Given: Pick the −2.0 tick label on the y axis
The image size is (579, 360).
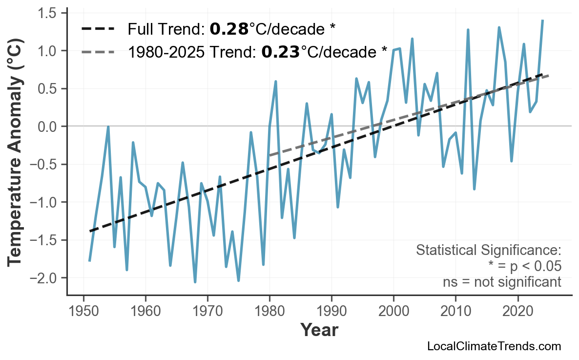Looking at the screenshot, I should click(x=45, y=278).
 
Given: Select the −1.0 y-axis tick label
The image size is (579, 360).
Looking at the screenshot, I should click(x=45, y=202).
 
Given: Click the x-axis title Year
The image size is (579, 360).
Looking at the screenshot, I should click(x=319, y=330).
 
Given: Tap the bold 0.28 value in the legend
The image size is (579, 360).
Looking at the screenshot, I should click(x=229, y=29).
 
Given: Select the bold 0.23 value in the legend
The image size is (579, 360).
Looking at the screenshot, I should click(x=280, y=51).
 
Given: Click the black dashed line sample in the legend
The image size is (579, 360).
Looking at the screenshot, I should click(x=98, y=29).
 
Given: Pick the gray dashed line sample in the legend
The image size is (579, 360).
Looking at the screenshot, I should click(x=98, y=51).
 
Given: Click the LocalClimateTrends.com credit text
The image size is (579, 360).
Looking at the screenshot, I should click(x=494, y=346).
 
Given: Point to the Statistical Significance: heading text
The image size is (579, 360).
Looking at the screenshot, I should click(x=488, y=251).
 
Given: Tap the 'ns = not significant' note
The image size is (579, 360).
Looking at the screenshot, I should click(x=502, y=282).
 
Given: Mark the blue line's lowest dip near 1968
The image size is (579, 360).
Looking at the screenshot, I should click(x=195, y=282).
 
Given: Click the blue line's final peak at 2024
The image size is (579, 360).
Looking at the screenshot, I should click(x=542, y=21).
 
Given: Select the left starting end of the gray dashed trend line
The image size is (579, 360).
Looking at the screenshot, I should click(x=269, y=155).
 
